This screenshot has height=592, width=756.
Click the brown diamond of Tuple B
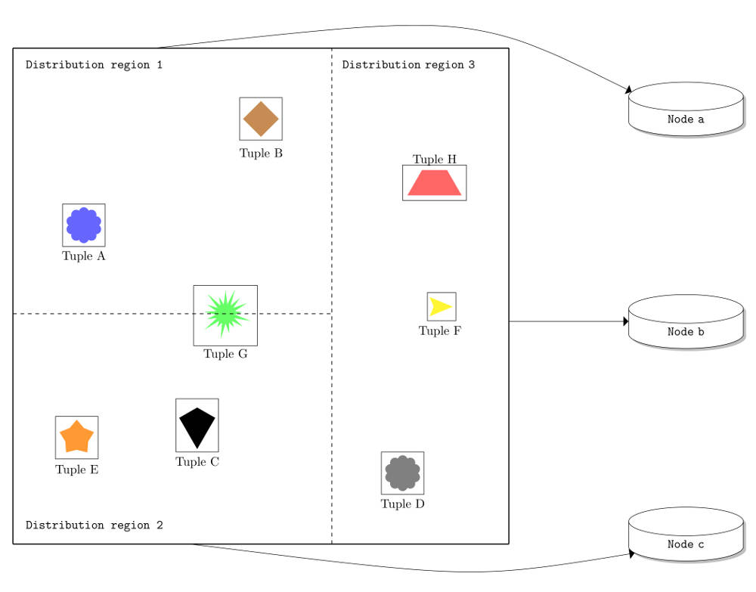click(x=261, y=119)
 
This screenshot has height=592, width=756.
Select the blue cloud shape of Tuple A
click(x=84, y=225)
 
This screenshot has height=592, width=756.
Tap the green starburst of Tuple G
click(x=225, y=314)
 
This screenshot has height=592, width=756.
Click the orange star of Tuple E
click(x=76, y=437)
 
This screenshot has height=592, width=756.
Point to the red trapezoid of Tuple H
click(x=435, y=183)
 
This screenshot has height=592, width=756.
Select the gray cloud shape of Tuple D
click(x=403, y=473)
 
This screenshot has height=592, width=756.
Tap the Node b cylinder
click(x=686, y=321)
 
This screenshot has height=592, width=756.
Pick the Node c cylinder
click(x=686, y=534)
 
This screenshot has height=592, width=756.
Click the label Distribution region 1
click(x=94, y=64)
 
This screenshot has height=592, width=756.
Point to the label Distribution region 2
click(x=94, y=525)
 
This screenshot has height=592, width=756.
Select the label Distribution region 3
click(x=408, y=64)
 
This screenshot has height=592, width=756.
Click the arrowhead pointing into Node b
click(x=626, y=321)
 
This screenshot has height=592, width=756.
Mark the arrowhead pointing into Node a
click(x=629, y=90)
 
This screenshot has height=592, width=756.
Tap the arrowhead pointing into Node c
click(x=631, y=554)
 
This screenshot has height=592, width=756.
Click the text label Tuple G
click(x=225, y=354)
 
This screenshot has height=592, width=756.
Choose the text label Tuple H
click(x=435, y=159)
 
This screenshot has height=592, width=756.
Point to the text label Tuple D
click(x=403, y=504)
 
